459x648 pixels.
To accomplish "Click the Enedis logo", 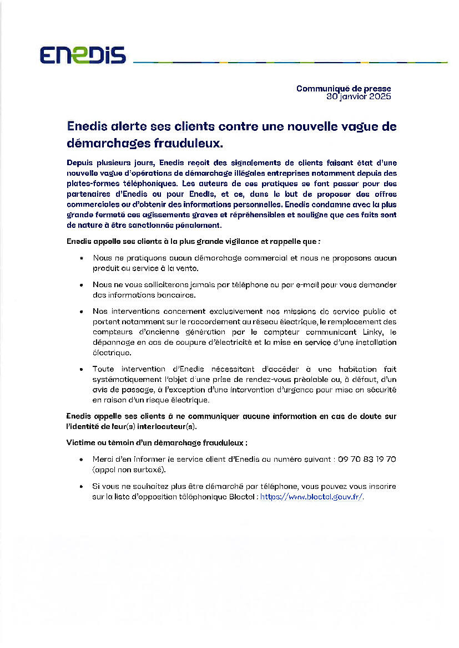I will click(83, 55).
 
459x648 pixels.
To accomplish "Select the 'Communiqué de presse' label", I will click(344, 88).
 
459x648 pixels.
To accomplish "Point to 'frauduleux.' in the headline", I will click(195, 143).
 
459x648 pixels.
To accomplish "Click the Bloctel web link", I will click(312, 497).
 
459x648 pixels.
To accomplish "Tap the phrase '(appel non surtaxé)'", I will click(129, 470).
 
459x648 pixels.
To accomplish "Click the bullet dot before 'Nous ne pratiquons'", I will click(82, 258).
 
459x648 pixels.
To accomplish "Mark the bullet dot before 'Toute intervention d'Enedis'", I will click(82, 369).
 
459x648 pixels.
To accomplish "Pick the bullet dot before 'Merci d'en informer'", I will click(82, 460).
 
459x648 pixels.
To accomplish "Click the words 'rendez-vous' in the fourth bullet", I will click(253, 379).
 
